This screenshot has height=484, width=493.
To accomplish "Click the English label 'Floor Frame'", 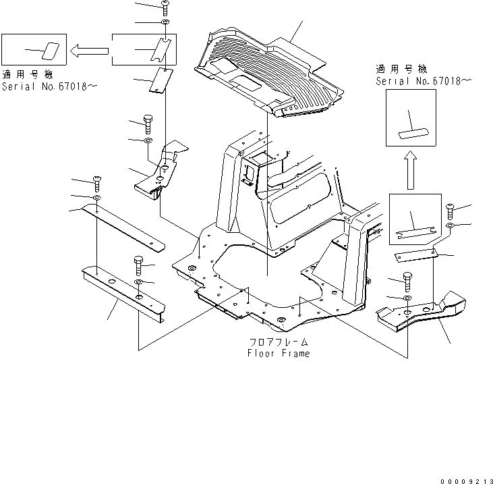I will click(x=278, y=353).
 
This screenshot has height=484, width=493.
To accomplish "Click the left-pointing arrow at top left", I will click(x=89, y=49).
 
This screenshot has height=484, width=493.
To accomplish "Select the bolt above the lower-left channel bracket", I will click(x=139, y=263).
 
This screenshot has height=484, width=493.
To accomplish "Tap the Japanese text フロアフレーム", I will click(x=279, y=342).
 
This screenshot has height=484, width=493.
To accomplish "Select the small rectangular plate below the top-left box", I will click(x=160, y=82).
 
